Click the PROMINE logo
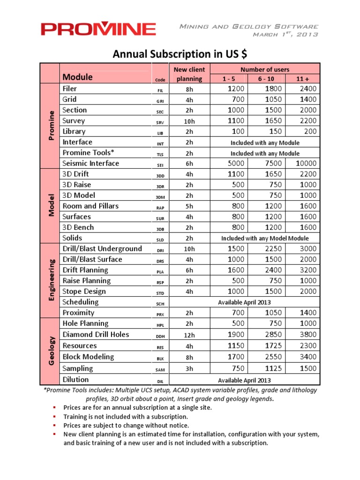pyautogui.click(x=98, y=30)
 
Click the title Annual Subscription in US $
pyautogui.click(x=180, y=54)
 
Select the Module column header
pyautogui.click(x=78, y=77)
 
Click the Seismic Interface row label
pyautogui.click(x=91, y=164)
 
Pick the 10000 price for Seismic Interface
pyautogui.click(x=305, y=164)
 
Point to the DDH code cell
pyautogui.click(x=160, y=336)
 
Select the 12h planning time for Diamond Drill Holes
pyautogui.click(x=189, y=335)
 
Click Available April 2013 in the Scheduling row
pyautogui.click(x=244, y=302)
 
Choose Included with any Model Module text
pyautogui.click(x=264, y=239)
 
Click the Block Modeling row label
pyautogui.click(x=88, y=357)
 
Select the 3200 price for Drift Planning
pyautogui.click(x=307, y=270)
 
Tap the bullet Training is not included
pyautogui.click(x=126, y=416)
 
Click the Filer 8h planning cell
pyautogui.click(x=189, y=89)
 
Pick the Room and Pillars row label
pyautogui.click(x=90, y=206)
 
